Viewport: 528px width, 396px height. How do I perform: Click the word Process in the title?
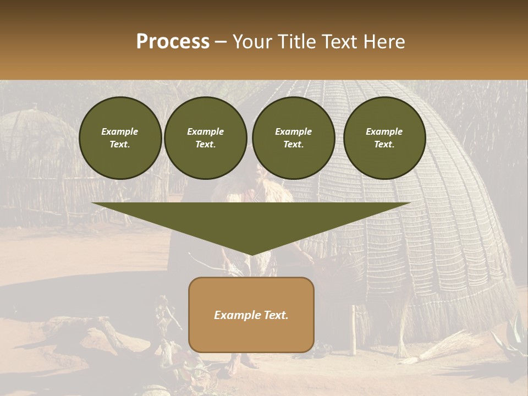(173, 42)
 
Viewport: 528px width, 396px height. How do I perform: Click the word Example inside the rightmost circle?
(384, 131)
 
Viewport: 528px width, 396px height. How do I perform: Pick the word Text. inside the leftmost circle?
(120, 145)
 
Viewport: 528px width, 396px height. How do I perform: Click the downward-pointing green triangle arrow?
(251, 226)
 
